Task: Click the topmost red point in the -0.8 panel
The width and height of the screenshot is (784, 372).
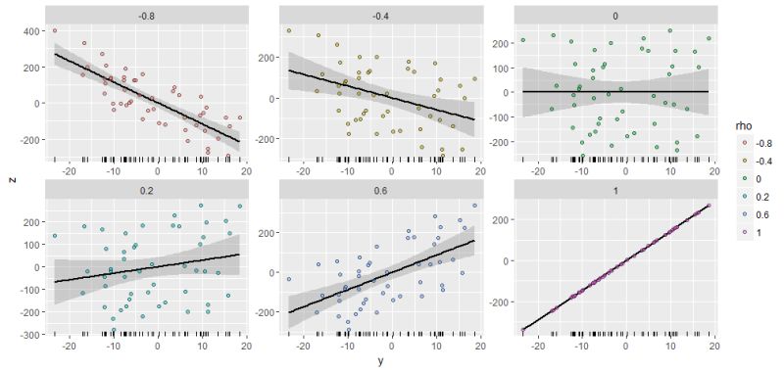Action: (x=55, y=31)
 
